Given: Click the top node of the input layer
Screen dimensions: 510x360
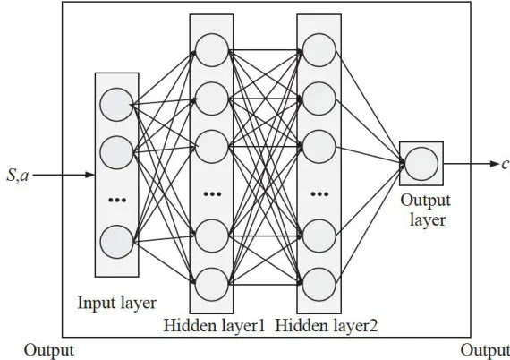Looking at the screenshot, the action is tap(116, 105).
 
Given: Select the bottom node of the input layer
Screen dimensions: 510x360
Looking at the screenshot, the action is tap(116, 242).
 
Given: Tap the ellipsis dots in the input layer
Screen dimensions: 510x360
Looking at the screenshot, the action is tap(117, 200).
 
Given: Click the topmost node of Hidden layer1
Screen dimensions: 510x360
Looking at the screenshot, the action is tap(212, 50).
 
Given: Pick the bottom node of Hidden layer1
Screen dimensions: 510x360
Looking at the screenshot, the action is tap(212, 285).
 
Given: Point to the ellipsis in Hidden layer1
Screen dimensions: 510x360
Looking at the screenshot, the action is tap(212, 194).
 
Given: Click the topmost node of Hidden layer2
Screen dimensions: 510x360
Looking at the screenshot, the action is tap(319, 50).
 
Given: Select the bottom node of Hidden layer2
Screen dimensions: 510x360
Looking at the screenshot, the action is tap(319, 285).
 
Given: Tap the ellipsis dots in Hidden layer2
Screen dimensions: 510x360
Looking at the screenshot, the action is tap(319, 194).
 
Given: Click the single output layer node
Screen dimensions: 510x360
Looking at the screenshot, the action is tap(421, 164).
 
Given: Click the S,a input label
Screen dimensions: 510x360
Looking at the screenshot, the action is tap(18, 176).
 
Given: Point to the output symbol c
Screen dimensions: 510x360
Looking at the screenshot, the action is tap(506, 164).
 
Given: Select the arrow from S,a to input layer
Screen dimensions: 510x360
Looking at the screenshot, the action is tap(64, 175).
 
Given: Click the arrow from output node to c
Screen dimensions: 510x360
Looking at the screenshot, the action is tap(471, 164).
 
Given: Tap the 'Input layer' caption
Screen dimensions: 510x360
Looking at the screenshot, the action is tap(117, 303).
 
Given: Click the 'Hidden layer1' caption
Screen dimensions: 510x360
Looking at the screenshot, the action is tap(214, 325).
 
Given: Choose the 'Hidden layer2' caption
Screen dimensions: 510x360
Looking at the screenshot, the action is tap(327, 325).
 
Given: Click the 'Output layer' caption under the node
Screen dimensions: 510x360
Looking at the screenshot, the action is tap(426, 210).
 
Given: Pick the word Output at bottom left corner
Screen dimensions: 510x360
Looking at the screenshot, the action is tap(49, 351).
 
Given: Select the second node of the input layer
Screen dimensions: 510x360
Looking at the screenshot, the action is tap(116, 152).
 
